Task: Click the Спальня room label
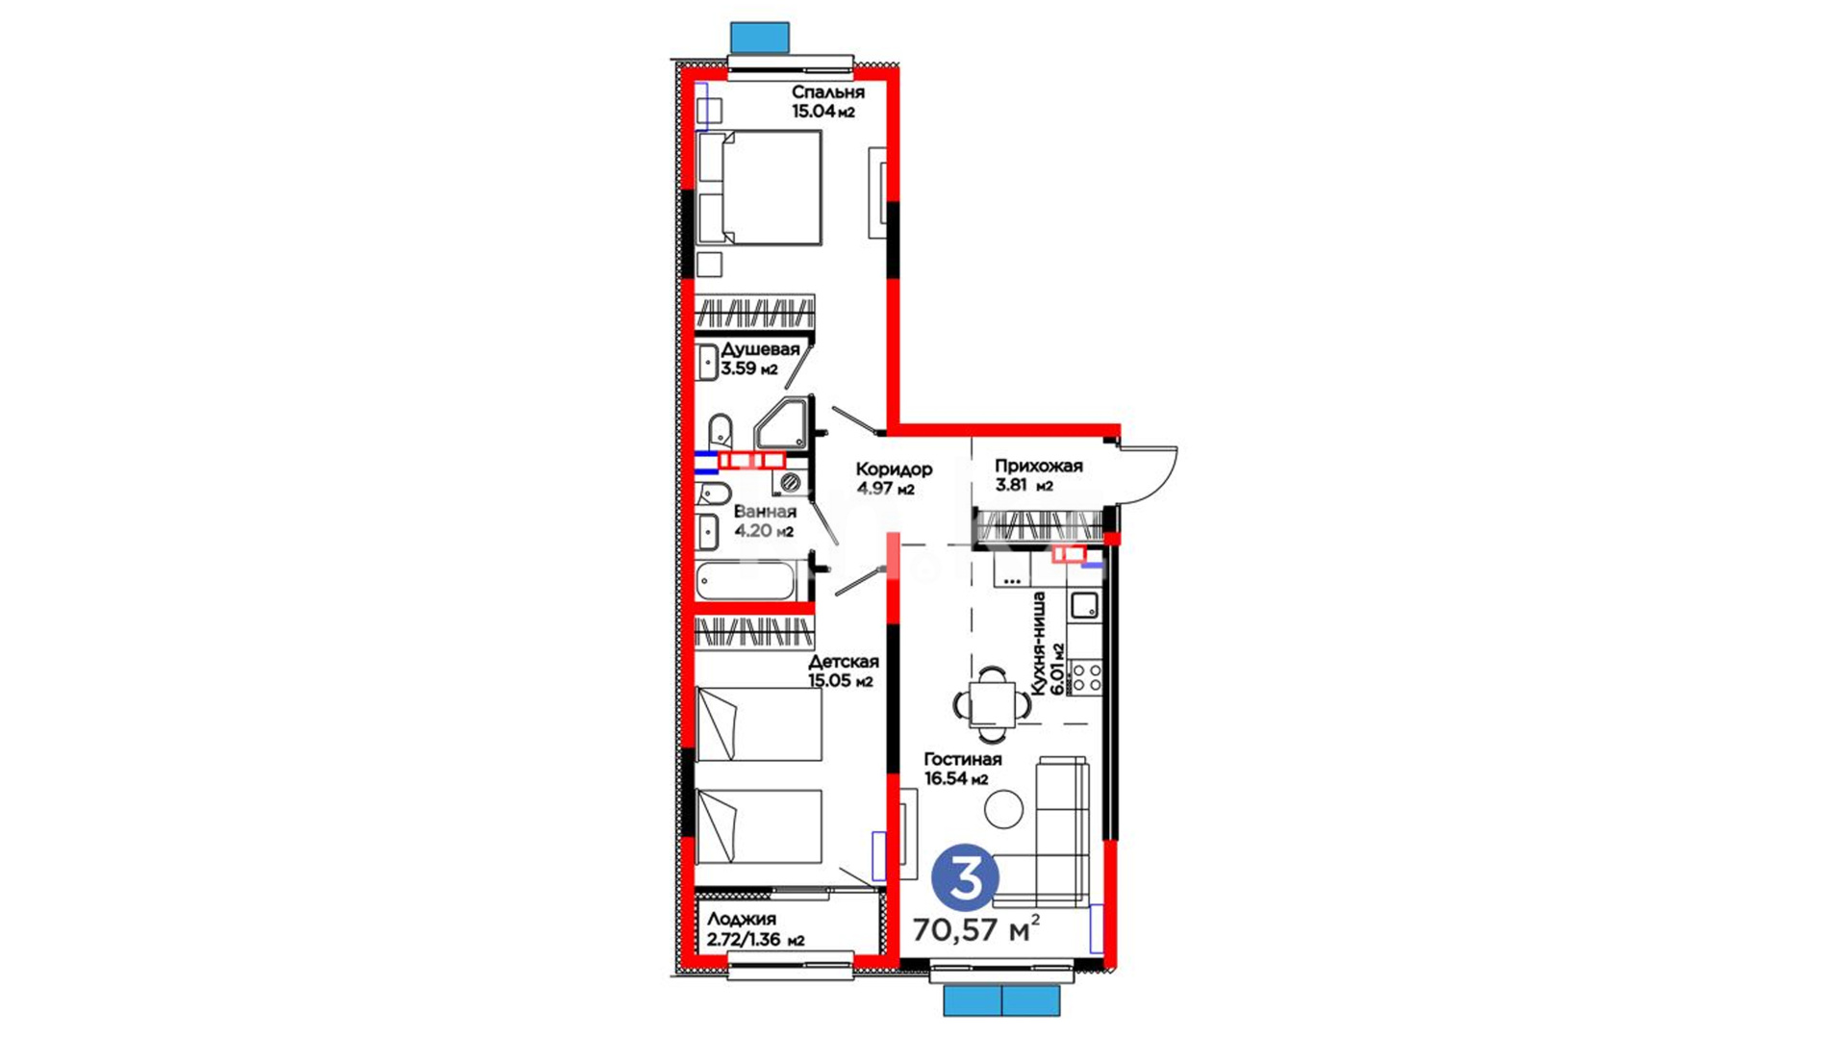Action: (x=827, y=92)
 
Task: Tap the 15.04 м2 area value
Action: (x=823, y=112)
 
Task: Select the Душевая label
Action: (x=760, y=349)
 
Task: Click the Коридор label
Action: (x=894, y=469)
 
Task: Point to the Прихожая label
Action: (x=1038, y=466)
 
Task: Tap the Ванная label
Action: (x=765, y=512)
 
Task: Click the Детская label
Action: (x=843, y=662)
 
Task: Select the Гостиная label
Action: (x=962, y=760)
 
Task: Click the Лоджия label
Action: (x=741, y=920)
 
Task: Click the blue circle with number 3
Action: (x=965, y=877)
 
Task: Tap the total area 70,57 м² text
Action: (x=975, y=930)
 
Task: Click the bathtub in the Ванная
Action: (x=746, y=582)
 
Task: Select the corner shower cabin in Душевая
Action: (x=783, y=424)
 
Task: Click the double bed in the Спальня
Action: (x=759, y=188)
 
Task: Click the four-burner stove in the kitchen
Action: (x=1087, y=676)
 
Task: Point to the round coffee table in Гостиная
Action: (x=1004, y=809)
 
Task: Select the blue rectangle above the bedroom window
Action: (x=760, y=38)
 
